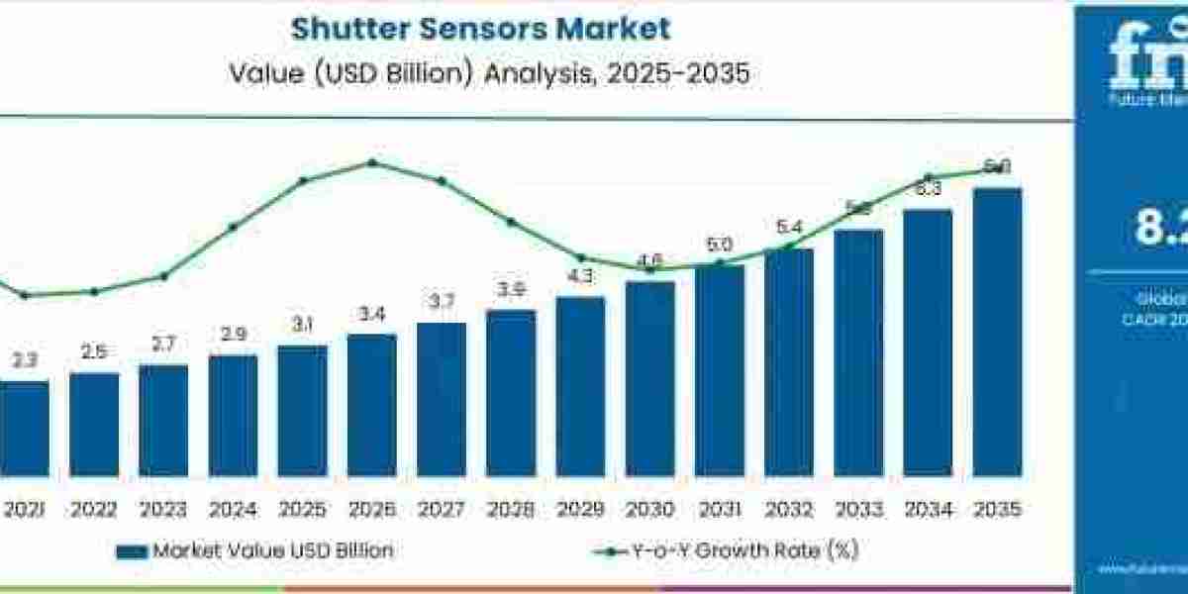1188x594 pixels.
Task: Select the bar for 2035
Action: (997, 332)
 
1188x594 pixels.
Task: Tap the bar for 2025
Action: (302, 410)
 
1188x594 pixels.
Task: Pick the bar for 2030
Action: (649, 378)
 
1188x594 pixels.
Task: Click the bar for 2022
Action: (94, 424)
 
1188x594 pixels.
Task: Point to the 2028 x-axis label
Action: (511, 510)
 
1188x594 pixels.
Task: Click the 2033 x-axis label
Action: (858, 510)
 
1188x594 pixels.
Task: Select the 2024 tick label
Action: (233, 510)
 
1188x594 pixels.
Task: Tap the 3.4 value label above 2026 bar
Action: (371, 315)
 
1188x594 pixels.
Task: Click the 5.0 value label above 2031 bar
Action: (720, 245)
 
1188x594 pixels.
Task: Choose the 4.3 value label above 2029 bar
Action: (580, 277)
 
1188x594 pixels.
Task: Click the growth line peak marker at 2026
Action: (372, 162)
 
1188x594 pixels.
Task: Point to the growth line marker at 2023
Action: (163, 276)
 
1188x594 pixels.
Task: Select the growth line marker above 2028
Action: (511, 222)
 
